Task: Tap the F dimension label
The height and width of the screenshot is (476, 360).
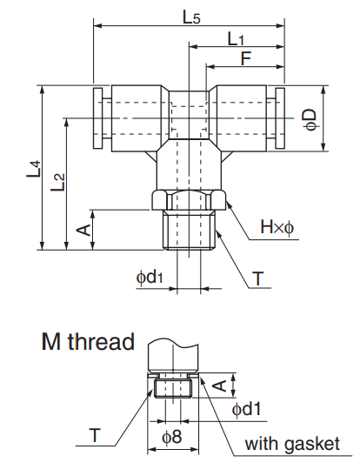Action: (x=247, y=60)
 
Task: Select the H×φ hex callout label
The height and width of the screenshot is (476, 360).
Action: (x=277, y=228)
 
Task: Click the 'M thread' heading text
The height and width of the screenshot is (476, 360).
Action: (x=88, y=341)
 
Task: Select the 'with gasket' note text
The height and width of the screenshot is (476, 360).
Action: (x=291, y=444)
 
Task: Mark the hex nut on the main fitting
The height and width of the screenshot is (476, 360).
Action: (x=190, y=198)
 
